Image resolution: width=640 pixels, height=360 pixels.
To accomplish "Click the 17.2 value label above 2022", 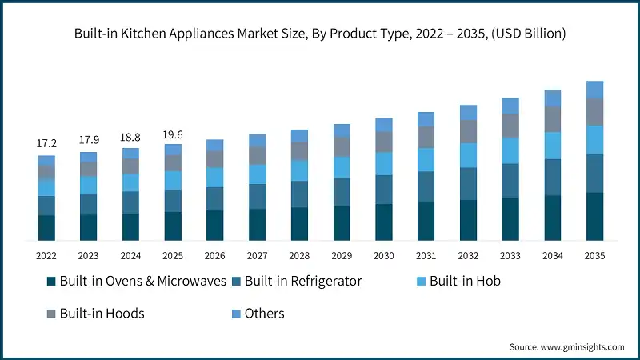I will (46, 143).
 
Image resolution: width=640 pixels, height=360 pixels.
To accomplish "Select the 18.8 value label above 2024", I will (130, 137).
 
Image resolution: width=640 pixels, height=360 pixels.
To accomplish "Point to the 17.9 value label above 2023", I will (89, 140).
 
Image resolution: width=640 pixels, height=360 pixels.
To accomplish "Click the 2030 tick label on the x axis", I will (384, 255).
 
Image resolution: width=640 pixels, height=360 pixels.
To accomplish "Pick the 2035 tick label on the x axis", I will (594, 255).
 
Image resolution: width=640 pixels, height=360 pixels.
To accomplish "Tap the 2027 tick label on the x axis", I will (258, 255).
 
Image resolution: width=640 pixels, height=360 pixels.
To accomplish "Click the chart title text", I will (320, 34).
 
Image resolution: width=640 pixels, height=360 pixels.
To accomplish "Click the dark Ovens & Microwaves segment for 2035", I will (594, 216).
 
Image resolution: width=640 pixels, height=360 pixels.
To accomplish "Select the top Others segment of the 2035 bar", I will (594, 90).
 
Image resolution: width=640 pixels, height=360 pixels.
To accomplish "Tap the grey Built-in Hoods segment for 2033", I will (510, 126).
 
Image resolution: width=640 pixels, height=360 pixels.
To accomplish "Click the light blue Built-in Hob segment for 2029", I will (342, 166).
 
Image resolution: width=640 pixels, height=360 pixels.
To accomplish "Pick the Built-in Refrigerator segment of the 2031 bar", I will (426, 186).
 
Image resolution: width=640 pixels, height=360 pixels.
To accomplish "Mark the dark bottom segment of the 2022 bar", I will (46, 227).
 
